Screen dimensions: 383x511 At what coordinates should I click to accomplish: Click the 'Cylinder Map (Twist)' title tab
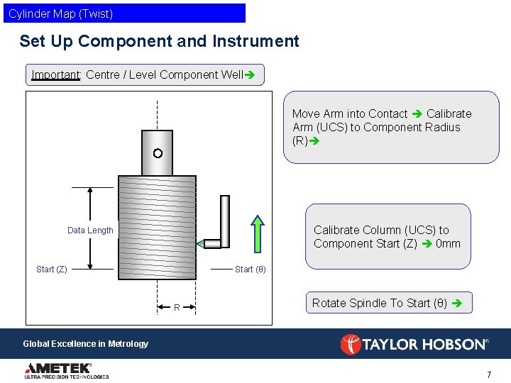tap(124, 13)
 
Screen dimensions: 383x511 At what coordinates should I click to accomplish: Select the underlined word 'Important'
tap(56, 74)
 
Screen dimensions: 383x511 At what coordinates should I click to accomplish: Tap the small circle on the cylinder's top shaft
tap(158, 153)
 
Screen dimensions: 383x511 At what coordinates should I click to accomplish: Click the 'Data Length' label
tap(90, 231)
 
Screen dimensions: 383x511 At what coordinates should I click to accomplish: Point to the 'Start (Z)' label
tap(52, 270)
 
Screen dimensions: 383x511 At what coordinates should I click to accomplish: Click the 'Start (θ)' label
tap(250, 270)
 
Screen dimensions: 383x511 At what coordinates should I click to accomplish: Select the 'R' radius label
tap(177, 307)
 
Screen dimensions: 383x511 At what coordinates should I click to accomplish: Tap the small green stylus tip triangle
tap(200, 244)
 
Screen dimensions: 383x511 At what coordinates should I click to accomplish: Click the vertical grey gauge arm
tap(225, 220)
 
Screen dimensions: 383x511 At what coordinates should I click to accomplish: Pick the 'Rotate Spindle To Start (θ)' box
tap(388, 303)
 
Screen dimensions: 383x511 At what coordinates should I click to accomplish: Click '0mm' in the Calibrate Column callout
tap(448, 244)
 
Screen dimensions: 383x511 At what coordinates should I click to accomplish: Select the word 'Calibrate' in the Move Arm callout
tap(449, 113)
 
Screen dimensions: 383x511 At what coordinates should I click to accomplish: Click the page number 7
tap(489, 374)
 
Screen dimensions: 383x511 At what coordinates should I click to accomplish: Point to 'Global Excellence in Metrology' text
tap(86, 344)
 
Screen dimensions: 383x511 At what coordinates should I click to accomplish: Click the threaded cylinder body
tap(157, 227)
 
